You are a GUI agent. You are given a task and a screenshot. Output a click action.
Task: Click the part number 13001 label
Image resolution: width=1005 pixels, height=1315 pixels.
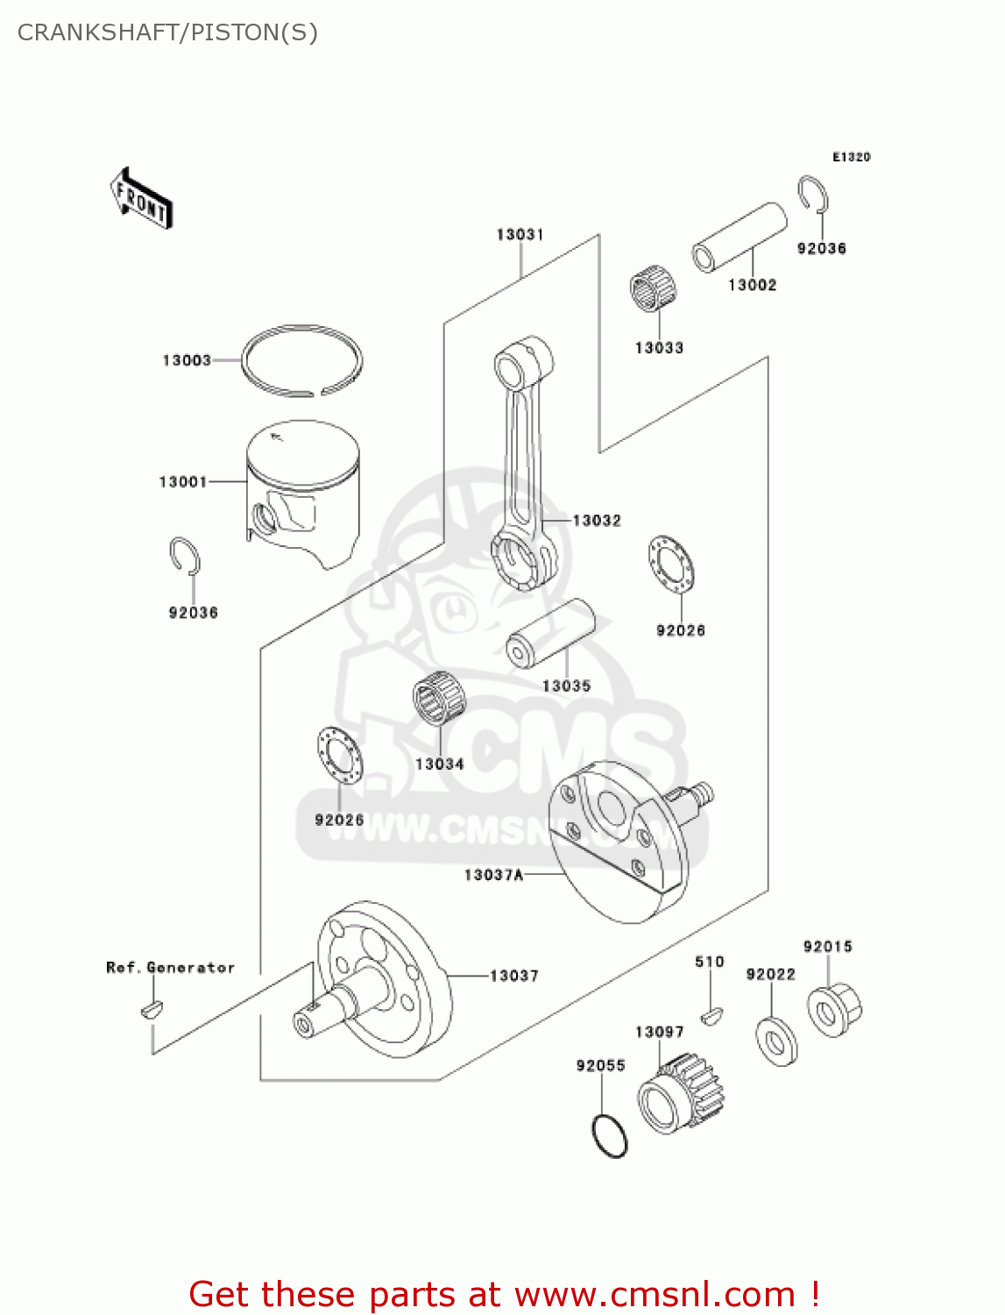pyautogui.click(x=182, y=481)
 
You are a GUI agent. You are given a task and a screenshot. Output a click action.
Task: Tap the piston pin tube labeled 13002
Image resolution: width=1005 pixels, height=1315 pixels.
pyautogui.click(x=740, y=238)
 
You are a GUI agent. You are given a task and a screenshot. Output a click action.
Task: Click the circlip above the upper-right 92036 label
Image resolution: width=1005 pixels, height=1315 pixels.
pyautogui.click(x=814, y=194)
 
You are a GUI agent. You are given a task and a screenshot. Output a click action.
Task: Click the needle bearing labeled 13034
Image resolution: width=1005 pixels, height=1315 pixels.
pyautogui.click(x=440, y=698)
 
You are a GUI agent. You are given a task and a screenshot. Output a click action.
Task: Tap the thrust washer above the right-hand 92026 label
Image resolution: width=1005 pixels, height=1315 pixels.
pyautogui.click(x=671, y=563)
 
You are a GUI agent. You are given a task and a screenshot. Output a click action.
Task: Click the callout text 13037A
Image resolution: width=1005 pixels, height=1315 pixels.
pyautogui.click(x=493, y=875)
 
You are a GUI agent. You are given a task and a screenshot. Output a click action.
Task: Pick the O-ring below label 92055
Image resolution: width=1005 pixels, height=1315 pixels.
pyautogui.click(x=610, y=1136)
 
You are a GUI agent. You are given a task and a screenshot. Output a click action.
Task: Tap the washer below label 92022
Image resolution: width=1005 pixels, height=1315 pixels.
pyautogui.click(x=776, y=1041)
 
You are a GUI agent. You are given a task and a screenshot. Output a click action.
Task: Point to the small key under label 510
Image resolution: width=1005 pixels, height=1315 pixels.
pyautogui.click(x=711, y=1017)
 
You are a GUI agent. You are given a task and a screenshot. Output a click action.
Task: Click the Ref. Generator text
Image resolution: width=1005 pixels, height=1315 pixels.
pyautogui.click(x=171, y=968)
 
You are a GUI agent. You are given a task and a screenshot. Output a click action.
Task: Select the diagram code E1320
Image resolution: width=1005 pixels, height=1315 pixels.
pyautogui.click(x=851, y=157)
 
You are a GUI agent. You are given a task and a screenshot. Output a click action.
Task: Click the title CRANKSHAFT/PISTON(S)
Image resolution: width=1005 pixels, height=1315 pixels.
pyautogui.click(x=167, y=32)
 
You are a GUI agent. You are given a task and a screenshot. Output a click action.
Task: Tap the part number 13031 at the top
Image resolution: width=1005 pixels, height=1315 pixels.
pyautogui.click(x=520, y=234)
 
